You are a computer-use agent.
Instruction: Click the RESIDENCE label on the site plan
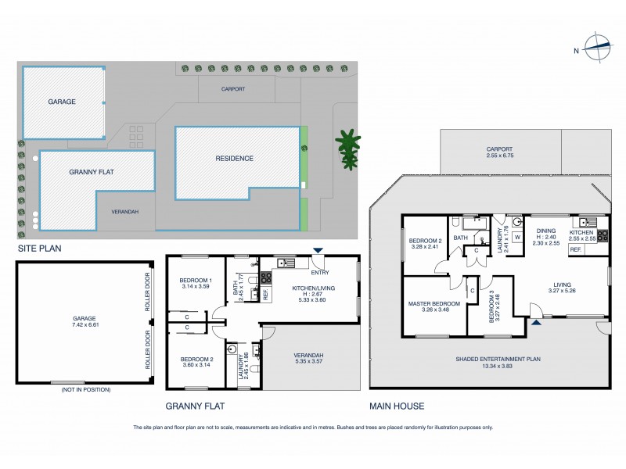234,158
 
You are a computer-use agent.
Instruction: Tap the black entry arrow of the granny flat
317,251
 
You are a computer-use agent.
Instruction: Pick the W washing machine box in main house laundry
518,238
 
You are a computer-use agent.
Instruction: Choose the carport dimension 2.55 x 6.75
499,155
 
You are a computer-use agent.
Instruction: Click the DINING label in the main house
547,231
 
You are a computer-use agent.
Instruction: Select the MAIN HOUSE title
398,406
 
